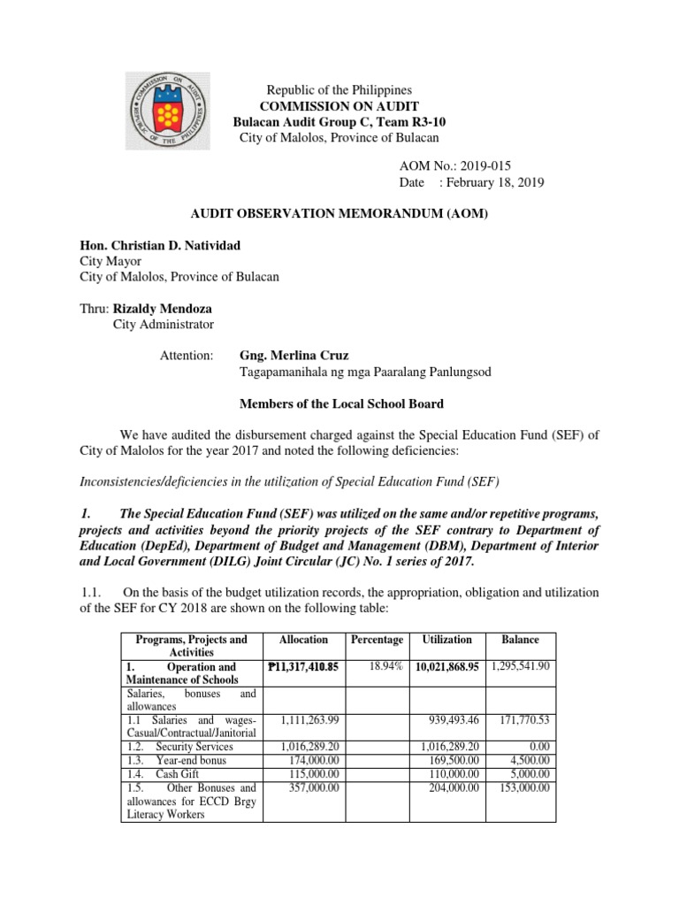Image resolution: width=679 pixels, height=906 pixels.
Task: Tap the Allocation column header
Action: [302, 639]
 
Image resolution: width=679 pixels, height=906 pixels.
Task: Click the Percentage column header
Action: [377, 639]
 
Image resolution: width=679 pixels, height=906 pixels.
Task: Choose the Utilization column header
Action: [446, 639]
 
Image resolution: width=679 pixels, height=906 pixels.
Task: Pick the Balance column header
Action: [521, 639]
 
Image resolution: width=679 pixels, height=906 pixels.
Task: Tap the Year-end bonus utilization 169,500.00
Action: [452, 759]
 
